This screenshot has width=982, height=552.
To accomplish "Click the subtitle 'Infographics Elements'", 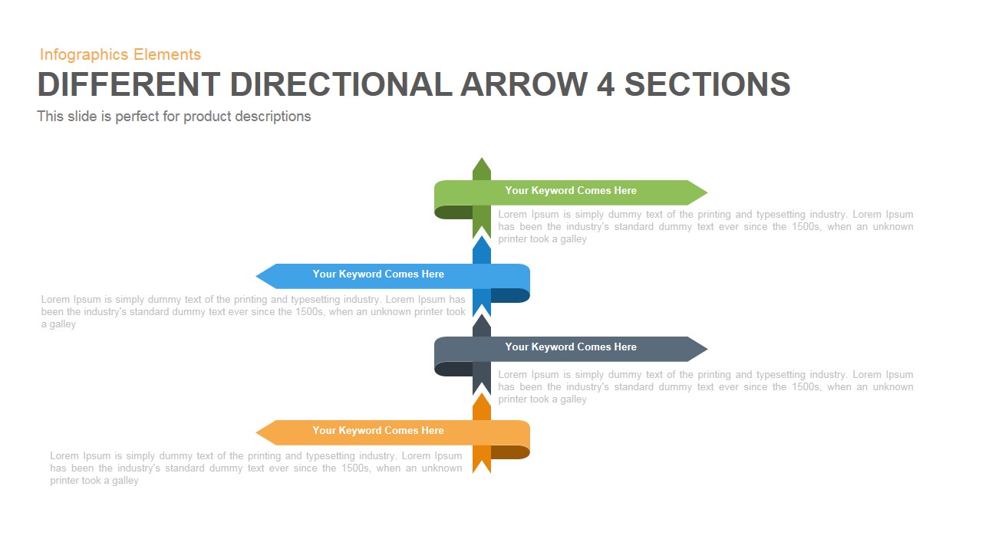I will click(x=120, y=54).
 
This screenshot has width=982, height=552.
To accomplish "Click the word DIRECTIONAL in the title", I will click(x=341, y=84).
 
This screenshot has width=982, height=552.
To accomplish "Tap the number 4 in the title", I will click(x=605, y=84).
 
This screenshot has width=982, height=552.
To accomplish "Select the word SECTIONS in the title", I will click(x=707, y=84).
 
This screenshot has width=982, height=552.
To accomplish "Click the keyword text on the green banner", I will click(x=571, y=191).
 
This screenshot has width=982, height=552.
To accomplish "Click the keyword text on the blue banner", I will click(x=378, y=274).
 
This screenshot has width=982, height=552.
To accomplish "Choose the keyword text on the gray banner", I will click(x=571, y=347).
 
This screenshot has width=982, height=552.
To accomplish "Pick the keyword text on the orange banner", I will click(x=378, y=431).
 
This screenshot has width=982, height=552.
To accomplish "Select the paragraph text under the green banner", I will click(x=705, y=227).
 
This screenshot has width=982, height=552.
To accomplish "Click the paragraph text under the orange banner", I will click(x=256, y=468).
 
